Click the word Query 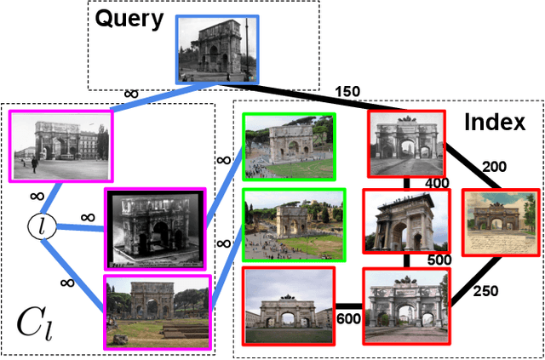tap(129, 20)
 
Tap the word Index tap(494, 123)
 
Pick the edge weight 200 tap(495, 167)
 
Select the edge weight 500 tap(439, 259)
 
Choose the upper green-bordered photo tap(290, 146)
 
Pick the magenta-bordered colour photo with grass tap(158, 311)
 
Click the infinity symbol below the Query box tap(131, 94)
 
